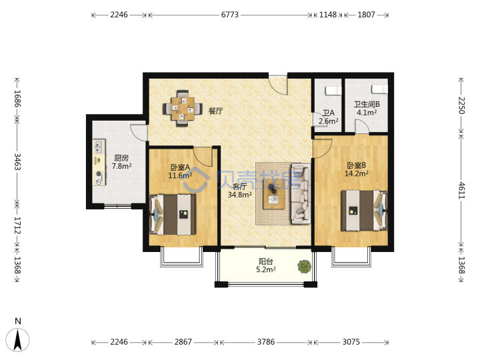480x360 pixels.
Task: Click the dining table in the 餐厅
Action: point(183,109)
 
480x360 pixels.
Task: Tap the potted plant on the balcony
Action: point(304,267)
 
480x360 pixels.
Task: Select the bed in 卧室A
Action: point(173,214)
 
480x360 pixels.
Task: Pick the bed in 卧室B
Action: point(364,210)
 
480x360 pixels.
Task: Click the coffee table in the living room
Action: point(274,194)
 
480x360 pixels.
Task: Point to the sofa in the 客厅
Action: point(300,193)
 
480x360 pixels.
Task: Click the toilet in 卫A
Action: point(333,91)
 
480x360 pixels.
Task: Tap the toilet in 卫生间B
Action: point(379,89)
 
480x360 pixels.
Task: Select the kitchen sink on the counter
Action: point(98,146)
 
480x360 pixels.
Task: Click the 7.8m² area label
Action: point(121,166)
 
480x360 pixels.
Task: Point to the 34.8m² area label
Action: point(240,195)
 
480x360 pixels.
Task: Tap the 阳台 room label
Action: point(266,261)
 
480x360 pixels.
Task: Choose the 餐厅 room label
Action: point(216,111)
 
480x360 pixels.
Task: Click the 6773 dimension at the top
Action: point(230,15)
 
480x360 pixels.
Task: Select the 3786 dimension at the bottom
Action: point(266,341)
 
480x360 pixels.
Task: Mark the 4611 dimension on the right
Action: point(461,191)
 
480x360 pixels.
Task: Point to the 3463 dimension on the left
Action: point(17,161)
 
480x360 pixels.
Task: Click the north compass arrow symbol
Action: point(18,340)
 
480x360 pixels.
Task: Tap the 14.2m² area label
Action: point(357,173)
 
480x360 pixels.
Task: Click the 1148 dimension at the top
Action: point(328,15)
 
